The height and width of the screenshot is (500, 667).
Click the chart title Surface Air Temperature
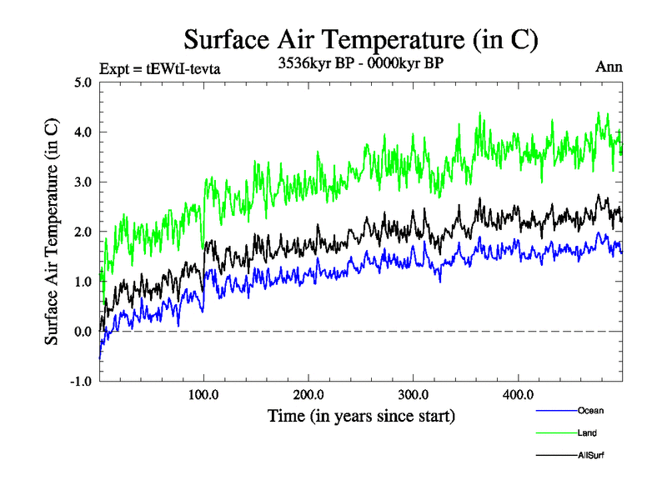[x=361, y=40]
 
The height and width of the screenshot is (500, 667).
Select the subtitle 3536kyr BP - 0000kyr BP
[x=361, y=62]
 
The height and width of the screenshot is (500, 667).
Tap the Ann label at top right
[x=609, y=67]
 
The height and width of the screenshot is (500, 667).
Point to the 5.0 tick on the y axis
[x=81, y=82]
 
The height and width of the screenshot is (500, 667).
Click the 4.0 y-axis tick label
[x=81, y=132]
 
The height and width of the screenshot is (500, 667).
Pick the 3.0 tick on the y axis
[x=81, y=182]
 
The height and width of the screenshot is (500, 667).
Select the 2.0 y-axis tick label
[x=81, y=232]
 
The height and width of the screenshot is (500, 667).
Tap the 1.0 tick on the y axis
[x=81, y=282]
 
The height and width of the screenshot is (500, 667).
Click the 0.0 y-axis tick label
[x=81, y=332]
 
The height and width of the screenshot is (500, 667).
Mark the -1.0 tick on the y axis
[x=79, y=382]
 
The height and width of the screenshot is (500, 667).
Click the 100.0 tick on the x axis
[x=204, y=395]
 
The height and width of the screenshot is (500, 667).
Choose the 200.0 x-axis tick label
[x=308, y=395]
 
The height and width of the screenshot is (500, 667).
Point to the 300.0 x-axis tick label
[x=414, y=395]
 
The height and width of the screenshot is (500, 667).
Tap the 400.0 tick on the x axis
[x=518, y=395]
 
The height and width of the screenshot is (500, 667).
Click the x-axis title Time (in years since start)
[x=361, y=414]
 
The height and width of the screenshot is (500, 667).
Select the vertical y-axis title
[x=52, y=232]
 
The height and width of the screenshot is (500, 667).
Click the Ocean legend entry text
[x=590, y=411]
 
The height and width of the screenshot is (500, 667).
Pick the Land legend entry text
[x=587, y=433]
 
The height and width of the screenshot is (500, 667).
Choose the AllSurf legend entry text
[x=590, y=456]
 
